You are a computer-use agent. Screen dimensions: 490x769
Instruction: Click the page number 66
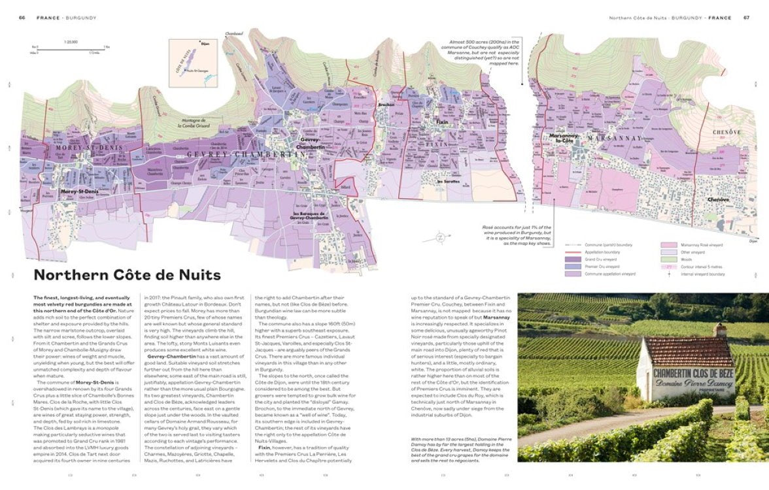pyautogui.click(x=22, y=18)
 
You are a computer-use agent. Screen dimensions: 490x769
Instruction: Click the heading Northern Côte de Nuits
pyautogui.click(x=127, y=275)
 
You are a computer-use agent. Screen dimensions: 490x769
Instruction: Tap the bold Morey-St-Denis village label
pyautogui.click(x=78, y=191)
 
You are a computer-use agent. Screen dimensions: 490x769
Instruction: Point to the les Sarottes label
pyautogui.click(x=448, y=182)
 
